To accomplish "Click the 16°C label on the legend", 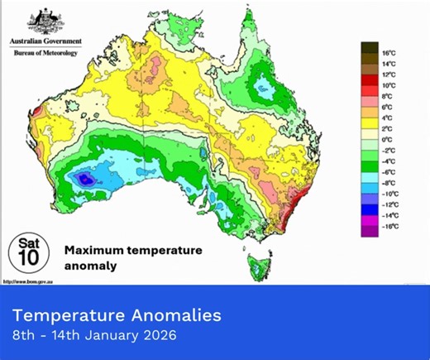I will point(387,52).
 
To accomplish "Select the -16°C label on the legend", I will point(388,225).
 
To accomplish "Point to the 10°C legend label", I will point(387,84).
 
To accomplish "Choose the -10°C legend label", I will point(388,193).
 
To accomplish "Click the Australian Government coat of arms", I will point(45,22).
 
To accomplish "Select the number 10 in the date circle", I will point(26,258).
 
